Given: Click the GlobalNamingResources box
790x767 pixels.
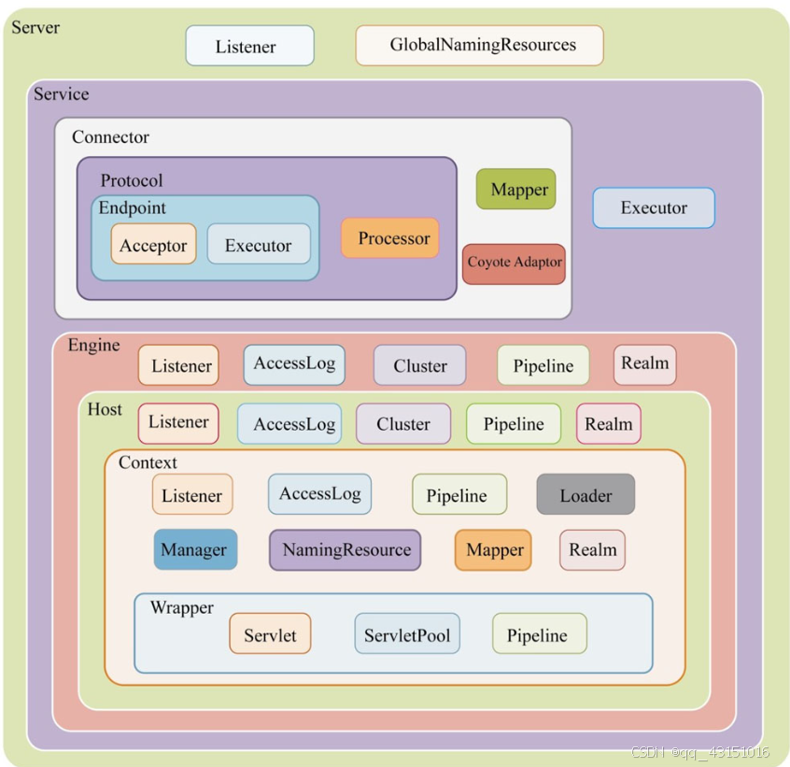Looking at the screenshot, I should (479, 45).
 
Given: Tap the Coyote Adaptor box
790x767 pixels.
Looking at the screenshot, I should (514, 263).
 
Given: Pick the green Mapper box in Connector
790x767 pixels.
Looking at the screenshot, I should (515, 190).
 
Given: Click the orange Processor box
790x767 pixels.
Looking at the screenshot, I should (389, 238).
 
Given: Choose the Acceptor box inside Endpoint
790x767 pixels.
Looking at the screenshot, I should (153, 245).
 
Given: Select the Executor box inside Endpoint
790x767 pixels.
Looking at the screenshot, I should (258, 245).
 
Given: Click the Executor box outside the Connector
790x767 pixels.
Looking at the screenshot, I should (654, 207).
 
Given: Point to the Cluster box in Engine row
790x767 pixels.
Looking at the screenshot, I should (419, 365).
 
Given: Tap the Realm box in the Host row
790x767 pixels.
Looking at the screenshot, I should (609, 423).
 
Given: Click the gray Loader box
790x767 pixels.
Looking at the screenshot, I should (585, 495).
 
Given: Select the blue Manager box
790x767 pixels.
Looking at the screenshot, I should (194, 549).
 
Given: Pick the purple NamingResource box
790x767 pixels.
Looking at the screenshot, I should (346, 549).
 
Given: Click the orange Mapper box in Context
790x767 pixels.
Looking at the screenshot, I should (493, 550).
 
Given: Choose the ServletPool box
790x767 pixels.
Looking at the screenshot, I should (406, 634).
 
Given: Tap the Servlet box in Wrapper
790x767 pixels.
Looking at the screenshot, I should (270, 634).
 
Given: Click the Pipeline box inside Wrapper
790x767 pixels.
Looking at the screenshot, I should (539, 634).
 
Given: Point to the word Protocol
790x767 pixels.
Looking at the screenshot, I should (132, 180).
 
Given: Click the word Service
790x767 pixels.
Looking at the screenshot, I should (62, 94).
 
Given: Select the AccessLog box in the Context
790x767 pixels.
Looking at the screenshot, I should (319, 494).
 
